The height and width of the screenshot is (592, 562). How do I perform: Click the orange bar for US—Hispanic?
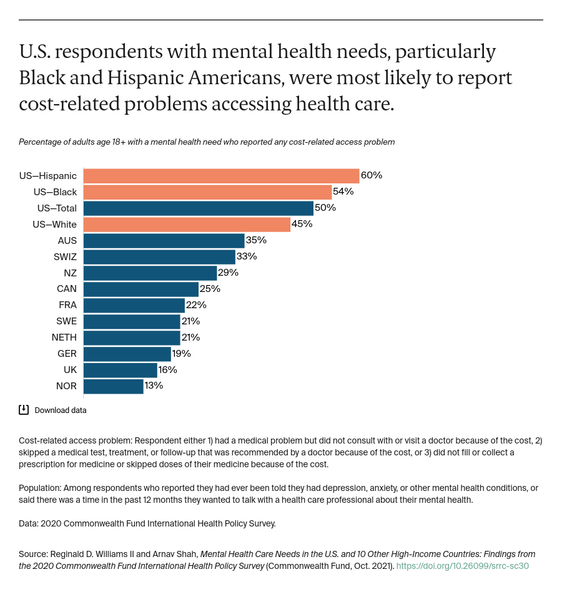pyautogui.click(x=221, y=175)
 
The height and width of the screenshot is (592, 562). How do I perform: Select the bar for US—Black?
pyautogui.click(x=207, y=192)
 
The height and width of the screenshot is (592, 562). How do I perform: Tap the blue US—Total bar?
pyautogui.click(x=198, y=208)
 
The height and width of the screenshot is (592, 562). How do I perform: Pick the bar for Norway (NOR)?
pyautogui.click(x=113, y=386)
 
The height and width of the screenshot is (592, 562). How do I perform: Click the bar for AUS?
pyautogui.click(x=164, y=240)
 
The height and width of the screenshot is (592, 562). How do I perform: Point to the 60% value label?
pyautogui.click(x=372, y=175)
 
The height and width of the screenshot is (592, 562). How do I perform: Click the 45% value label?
pyautogui.click(x=302, y=224)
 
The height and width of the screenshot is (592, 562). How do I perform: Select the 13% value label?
pyautogui.click(x=154, y=386)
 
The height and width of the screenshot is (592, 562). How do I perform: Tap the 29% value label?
pyautogui.click(x=229, y=273)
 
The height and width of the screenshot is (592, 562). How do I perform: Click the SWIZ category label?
pyautogui.click(x=65, y=256)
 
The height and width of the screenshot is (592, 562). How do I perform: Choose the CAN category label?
pyautogui.click(x=67, y=289)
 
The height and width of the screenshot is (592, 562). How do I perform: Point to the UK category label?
pyautogui.click(x=70, y=370)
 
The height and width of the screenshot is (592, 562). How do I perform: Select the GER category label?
pyautogui.click(x=67, y=354)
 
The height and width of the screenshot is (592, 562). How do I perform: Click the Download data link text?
pyautogui.click(x=61, y=410)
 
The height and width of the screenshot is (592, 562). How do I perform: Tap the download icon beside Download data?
pyautogui.click(x=24, y=410)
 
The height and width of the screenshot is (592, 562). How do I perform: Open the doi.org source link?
pyautogui.click(x=463, y=566)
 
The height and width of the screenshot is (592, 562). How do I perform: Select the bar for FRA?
pyautogui.click(x=134, y=305)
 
